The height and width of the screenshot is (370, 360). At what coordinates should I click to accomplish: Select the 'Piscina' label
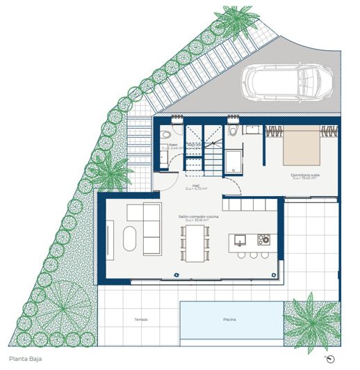click(x=229, y=320)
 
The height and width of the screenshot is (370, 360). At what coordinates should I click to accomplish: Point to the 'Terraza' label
click(x=142, y=320)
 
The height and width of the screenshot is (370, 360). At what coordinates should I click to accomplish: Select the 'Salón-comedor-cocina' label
click(x=197, y=218)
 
